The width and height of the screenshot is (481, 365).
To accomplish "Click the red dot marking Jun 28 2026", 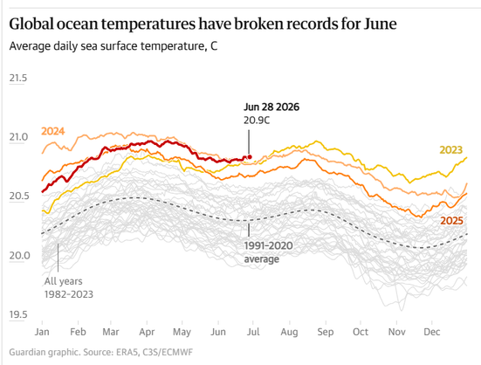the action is coord(250,157).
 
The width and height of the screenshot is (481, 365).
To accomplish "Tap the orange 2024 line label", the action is coord(52,131).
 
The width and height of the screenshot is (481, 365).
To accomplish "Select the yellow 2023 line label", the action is coord(450,150).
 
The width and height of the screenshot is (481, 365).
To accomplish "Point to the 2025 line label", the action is coord(451,221).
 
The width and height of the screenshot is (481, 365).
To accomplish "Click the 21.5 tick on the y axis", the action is coord(18,79).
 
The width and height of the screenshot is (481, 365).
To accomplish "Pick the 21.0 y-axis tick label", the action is coord(18,137).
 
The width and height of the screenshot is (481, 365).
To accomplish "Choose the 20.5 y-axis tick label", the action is coord(18,196).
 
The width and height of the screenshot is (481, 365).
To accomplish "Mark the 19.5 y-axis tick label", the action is coord(18,314).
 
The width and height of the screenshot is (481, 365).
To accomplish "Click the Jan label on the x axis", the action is coord(42,332).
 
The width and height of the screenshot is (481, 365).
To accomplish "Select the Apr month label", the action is coord(147,332).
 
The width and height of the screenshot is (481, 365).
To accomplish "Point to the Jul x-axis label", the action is coord(253,332).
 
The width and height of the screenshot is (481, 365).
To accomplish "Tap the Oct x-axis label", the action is coord(361,332).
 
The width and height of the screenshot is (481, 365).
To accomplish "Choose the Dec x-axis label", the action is coord(432,332).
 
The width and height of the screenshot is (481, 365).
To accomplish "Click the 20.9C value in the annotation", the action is coord(257,121).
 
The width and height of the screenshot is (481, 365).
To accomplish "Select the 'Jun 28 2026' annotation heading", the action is coord(271,107).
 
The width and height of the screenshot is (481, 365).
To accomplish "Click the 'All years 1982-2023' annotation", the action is coord(69,287).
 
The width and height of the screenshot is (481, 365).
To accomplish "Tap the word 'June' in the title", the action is coord(380,24).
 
